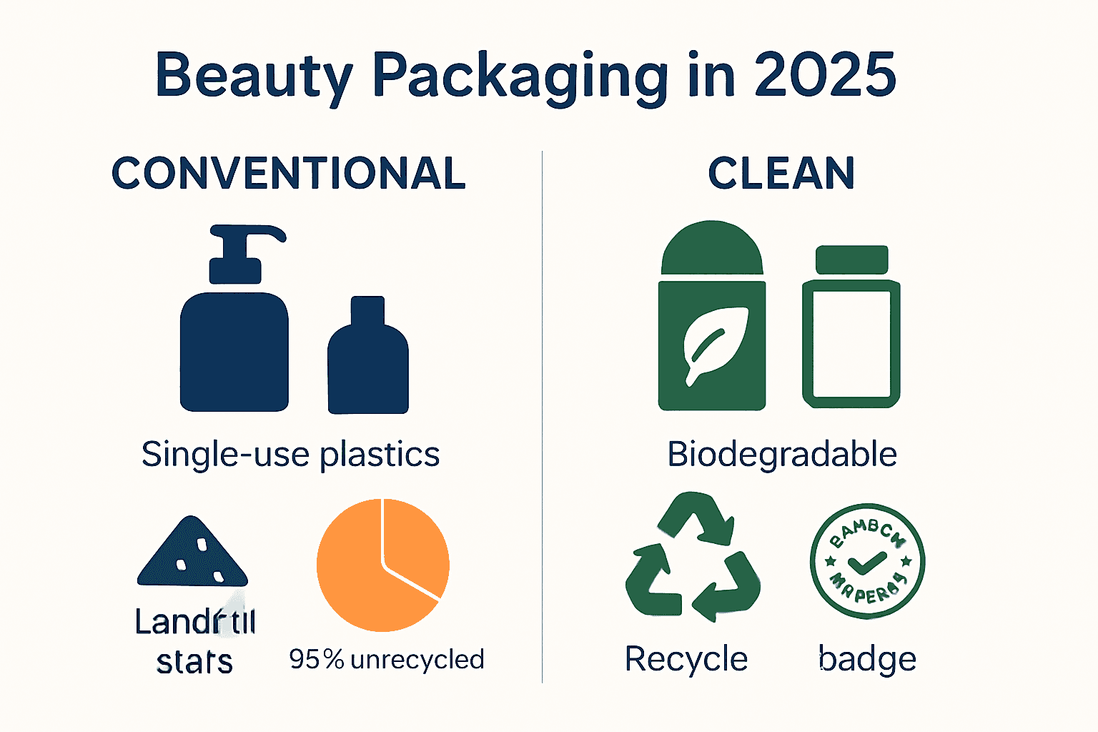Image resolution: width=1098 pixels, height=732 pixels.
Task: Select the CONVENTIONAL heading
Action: tap(289, 173)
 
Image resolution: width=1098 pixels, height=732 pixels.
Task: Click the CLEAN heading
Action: tap(781, 173)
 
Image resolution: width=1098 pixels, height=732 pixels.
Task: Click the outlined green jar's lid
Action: tap(852, 260)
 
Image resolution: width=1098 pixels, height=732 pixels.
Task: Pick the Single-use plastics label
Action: tap(290, 455)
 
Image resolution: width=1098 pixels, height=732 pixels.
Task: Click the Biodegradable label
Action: tap(782, 455)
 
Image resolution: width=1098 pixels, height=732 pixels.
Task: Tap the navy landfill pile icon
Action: tap(192, 554)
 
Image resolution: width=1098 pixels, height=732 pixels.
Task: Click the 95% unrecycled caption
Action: tap(387, 659)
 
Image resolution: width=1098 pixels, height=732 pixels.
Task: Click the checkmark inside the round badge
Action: tap(866, 563)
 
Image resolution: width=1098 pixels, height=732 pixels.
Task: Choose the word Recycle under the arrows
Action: tap(686, 659)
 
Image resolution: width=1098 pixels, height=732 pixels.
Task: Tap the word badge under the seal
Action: tap(868, 659)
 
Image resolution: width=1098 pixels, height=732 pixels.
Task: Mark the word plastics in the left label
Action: tap(380, 455)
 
